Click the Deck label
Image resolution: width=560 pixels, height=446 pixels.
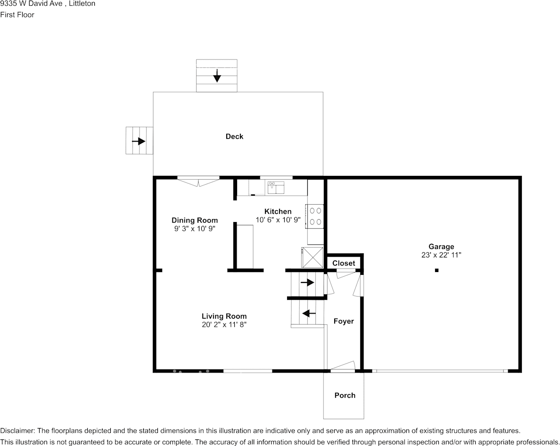pos(234,136)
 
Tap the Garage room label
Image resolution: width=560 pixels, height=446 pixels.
pos(441,247)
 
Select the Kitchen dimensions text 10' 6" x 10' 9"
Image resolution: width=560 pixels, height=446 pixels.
pos(278,220)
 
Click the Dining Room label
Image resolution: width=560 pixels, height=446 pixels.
pos(195,220)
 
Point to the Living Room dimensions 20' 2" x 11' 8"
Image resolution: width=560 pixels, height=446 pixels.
pos(224,324)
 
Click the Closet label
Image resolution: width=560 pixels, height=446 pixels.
pos(344,263)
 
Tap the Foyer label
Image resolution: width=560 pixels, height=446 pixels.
pos(344,322)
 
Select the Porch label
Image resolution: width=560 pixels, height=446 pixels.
pos(345,395)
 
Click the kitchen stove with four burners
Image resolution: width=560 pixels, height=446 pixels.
pos(314,216)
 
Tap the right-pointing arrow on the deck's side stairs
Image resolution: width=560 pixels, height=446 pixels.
pos(139,141)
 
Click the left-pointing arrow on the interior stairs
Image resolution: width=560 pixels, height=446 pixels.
pos(309,314)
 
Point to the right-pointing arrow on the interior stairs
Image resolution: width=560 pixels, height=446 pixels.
pos(307,282)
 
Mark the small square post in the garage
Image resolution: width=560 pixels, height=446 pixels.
pos(436,270)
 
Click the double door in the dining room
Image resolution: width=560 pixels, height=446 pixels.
pos(198,182)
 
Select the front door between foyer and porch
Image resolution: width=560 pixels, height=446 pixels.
pos(342,367)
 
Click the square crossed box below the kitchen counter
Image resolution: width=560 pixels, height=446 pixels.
pos(313,257)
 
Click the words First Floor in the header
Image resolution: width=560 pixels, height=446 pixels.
pos(17,15)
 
